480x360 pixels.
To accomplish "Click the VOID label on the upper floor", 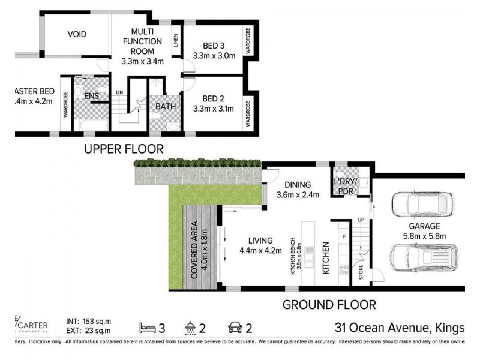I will pyautogui.click(x=76, y=34).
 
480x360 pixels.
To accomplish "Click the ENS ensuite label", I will pyautogui.click(x=91, y=96).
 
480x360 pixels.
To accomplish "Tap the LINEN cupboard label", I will pyautogui.click(x=176, y=41).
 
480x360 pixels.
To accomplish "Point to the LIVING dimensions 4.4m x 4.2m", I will pyautogui.click(x=260, y=251).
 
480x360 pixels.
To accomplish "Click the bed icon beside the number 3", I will pyautogui.click(x=149, y=328).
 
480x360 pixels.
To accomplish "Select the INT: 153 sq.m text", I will pyautogui.click(x=86, y=322).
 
